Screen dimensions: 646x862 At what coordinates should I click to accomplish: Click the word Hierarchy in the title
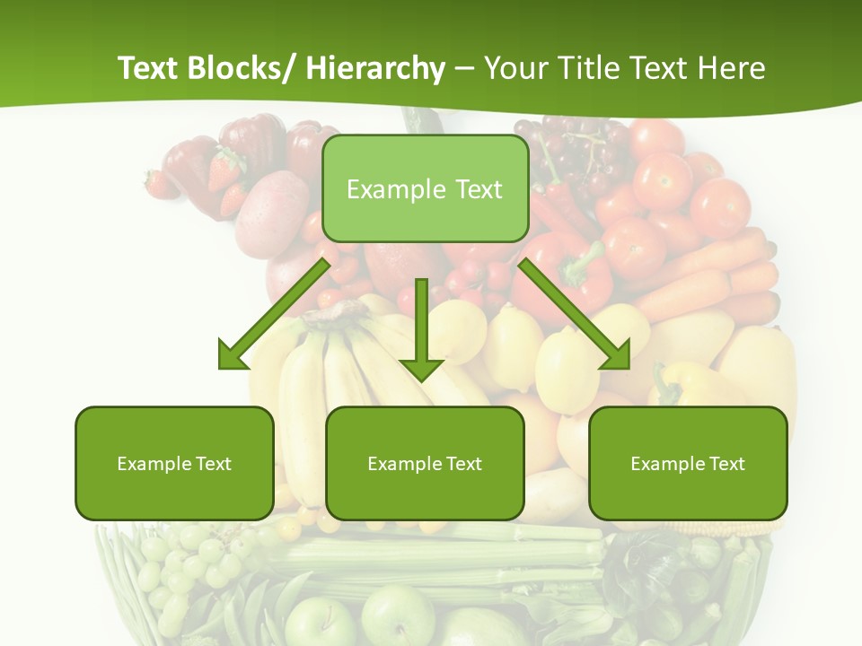pos(374,68)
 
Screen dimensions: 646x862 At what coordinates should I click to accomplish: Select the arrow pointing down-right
pos(575,315)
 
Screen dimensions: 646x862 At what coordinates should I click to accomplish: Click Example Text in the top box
pos(425,189)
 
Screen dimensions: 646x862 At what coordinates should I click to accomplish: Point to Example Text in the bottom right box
pos(688,464)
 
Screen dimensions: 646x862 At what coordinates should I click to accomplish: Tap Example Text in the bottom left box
pos(174,464)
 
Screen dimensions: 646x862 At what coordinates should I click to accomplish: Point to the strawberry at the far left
pos(161,184)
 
